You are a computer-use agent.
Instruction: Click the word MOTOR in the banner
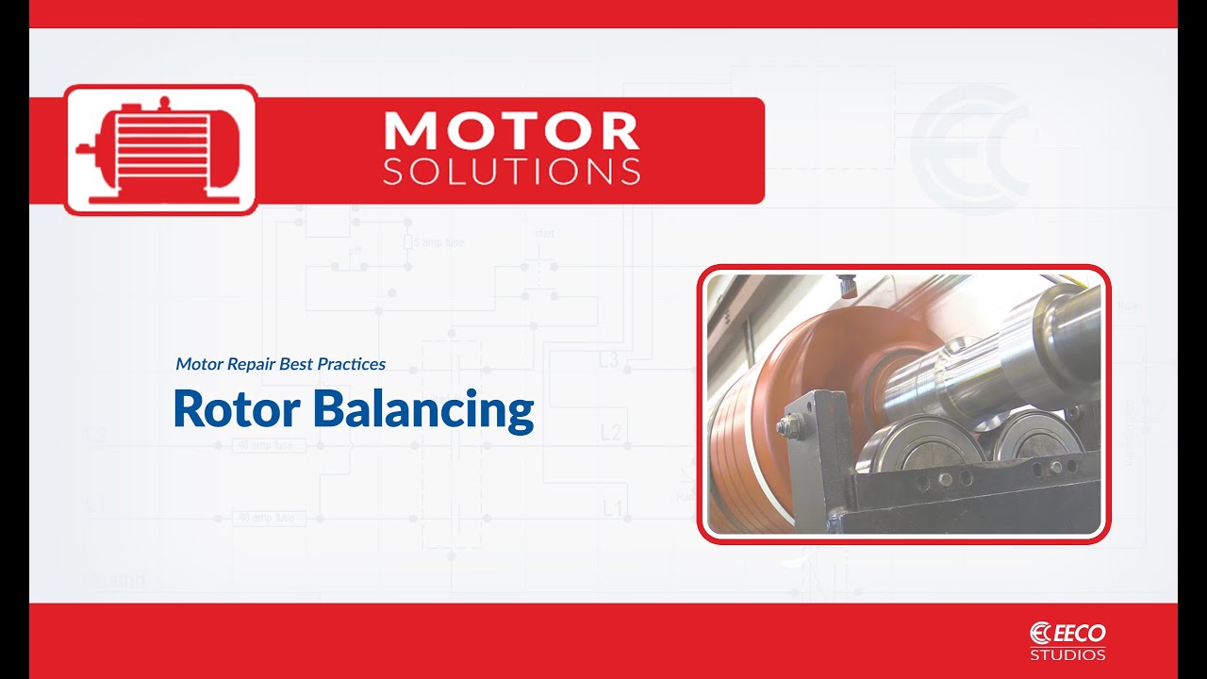pos(512,131)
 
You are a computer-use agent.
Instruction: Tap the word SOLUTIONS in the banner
pos(512,172)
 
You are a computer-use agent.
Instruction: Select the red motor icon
pos(160,150)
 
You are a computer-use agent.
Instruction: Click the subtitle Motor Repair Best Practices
pos(280,363)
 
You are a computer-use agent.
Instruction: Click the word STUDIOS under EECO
pos(1067,654)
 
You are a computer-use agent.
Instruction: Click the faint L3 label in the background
pos(608,359)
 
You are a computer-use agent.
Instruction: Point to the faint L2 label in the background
pos(611,433)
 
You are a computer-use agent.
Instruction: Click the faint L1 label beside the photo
pos(613,509)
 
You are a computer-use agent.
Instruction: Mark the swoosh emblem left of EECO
pos(1040,633)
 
